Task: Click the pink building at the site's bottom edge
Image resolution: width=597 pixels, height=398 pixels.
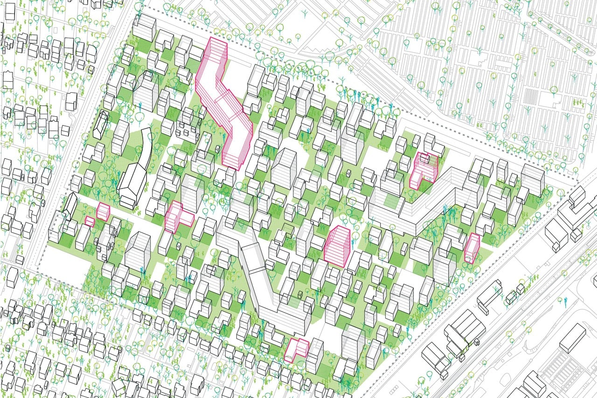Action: (297, 349)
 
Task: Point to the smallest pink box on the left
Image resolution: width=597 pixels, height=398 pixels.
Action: (89, 221)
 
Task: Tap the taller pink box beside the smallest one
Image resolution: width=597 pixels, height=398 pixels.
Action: (103, 212)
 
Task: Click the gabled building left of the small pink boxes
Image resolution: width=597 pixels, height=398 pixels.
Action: (70, 206)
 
